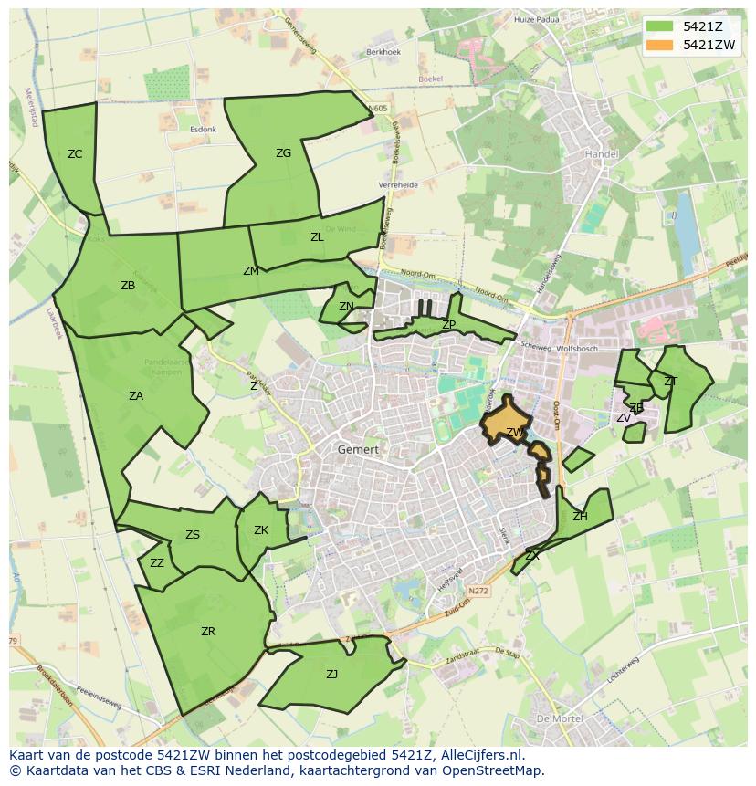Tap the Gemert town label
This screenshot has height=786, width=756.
click(357, 449)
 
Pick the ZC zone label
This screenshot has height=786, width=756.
click(75, 154)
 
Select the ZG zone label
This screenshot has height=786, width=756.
click(283, 153)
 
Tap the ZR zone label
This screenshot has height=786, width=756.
click(208, 631)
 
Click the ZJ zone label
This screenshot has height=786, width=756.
click(331, 675)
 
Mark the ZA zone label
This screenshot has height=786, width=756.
click(136, 396)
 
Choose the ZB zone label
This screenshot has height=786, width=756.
click(128, 286)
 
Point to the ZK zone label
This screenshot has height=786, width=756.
click(261, 530)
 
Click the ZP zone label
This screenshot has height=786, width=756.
click(448, 325)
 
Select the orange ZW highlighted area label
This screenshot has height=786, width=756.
click(515, 432)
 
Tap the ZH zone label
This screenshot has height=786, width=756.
click(580, 517)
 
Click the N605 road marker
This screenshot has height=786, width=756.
click(378, 109)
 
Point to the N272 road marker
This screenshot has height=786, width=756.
click(478, 592)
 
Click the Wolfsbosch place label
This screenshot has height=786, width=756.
click(577, 348)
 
